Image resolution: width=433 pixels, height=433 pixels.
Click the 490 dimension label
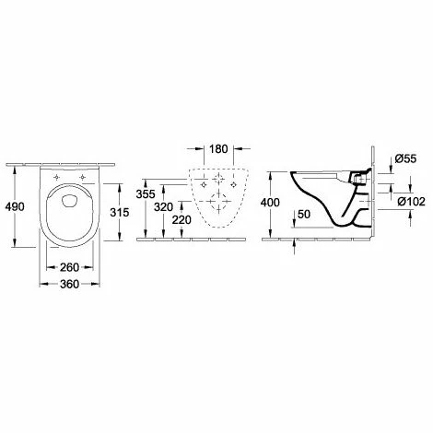(x=15, y=206)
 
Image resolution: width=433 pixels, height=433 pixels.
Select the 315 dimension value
(x=120, y=212)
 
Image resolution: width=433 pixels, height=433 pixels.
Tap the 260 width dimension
(x=69, y=267)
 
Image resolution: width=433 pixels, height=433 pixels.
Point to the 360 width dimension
(x=69, y=284)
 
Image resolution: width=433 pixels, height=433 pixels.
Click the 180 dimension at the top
(x=218, y=149)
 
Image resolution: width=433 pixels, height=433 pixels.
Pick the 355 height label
(x=146, y=194)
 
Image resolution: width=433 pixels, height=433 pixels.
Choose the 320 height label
(x=164, y=207)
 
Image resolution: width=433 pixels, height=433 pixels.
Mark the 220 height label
(x=181, y=220)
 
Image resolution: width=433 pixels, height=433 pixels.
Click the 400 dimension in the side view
(x=270, y=203)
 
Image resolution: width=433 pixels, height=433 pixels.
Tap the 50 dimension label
(x=304, y=214)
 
